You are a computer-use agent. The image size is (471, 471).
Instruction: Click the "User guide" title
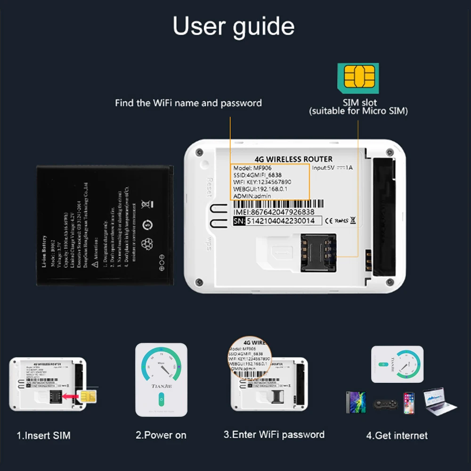click(234, 26)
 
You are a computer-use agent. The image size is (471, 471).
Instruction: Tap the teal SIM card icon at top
click(358, 77)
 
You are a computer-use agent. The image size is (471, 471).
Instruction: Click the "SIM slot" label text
click(359, 102)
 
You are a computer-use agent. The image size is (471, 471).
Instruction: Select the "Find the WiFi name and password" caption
click(188, 103)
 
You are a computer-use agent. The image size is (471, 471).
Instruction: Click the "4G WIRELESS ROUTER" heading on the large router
click(293, 159)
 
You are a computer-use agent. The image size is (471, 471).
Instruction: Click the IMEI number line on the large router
click(274, 212)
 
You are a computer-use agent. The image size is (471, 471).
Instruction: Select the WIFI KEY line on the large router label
click(262, 182)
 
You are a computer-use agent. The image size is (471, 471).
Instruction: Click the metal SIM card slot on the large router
click(319, 253)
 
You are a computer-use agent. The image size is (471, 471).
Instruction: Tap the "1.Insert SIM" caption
click(43, 436)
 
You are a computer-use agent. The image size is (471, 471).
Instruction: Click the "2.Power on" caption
click(161, 436)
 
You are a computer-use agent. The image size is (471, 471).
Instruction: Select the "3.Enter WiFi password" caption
click(274, 434)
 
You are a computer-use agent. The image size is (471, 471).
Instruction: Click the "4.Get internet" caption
click(397, 436)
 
